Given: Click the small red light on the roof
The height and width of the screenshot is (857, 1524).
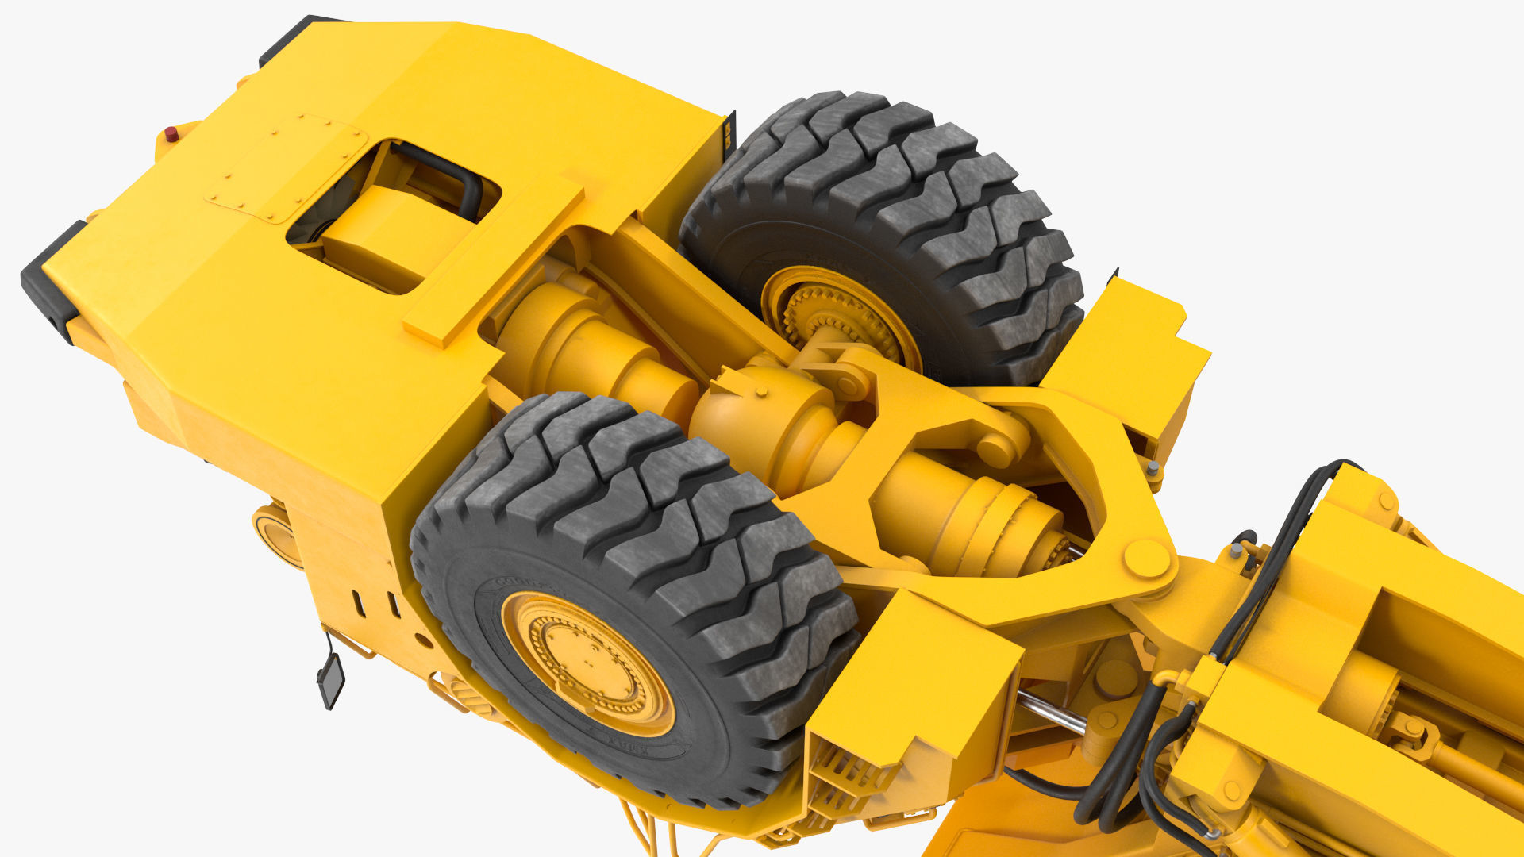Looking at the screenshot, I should click(171, 134).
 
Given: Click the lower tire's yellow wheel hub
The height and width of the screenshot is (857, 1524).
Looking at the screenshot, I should click(587, 663).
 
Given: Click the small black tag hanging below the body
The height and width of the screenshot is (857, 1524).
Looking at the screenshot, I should click(330, 679).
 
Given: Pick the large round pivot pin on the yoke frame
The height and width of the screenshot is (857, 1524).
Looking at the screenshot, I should click(1146, 559).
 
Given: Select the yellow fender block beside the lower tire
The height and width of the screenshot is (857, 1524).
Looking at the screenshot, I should click(913, 674).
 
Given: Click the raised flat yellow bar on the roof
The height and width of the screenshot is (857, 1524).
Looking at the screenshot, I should click(492, 262).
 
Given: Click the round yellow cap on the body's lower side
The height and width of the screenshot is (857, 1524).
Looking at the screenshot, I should click(273, 535).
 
